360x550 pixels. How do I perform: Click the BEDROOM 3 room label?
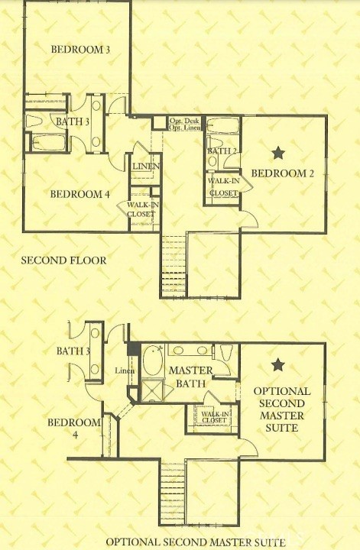coord(80,50)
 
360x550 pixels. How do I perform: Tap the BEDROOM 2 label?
coord(283,173)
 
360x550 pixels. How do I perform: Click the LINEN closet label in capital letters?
coord(145,167)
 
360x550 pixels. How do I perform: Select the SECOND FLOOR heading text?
coord(63,260)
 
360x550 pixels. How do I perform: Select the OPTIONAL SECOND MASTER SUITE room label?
coord(282,409)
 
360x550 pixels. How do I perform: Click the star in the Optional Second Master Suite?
coord(277,364)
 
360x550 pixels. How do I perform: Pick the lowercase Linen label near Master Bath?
coord(125,371)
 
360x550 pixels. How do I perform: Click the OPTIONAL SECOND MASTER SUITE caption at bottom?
coord(196,542)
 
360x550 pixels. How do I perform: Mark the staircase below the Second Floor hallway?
coord(173,266)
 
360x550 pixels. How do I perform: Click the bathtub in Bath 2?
coord(223,126)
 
